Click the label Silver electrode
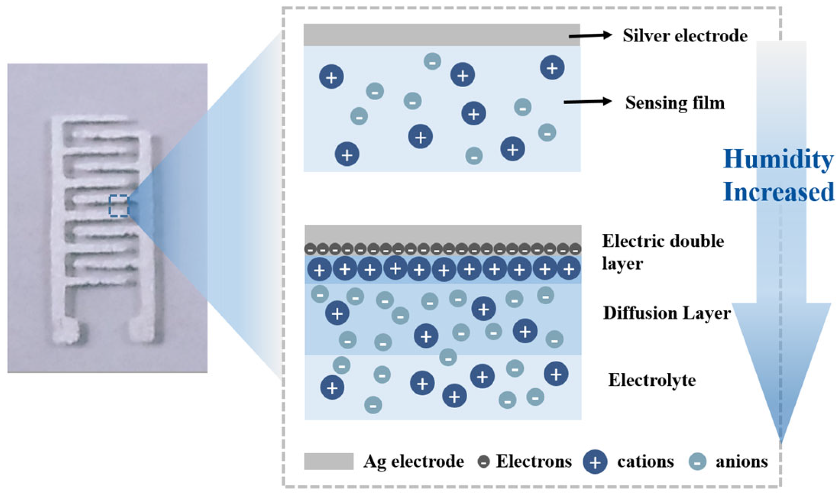(685, 36)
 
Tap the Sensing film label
(674, 103)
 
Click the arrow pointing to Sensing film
(587, 101)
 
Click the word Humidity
(778, 160)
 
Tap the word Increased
(778, 192)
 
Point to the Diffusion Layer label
(666, 313)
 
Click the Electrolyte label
(652, 380)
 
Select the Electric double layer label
(662, 252)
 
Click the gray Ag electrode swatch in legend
(328, 461)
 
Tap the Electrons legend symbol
(483, 461)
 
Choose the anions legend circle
(698, 462)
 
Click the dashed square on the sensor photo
(119, 206)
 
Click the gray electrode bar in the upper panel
(441, 35)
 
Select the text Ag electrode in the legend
(413, 462)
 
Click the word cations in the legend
(645, 462)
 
